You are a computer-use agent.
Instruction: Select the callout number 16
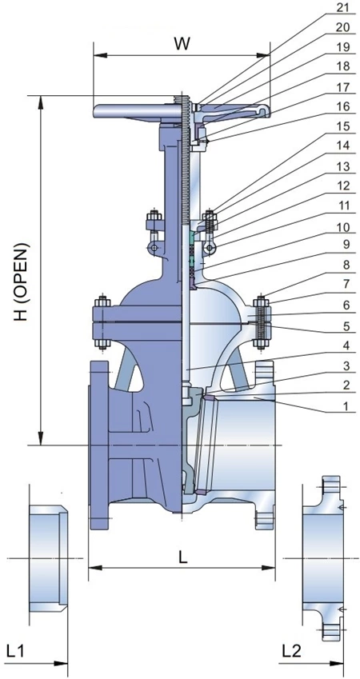[343, 106]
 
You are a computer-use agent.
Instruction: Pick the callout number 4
[343, 346]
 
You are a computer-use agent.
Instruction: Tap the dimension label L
[182, 558]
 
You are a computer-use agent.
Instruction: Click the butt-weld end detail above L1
[46, 557]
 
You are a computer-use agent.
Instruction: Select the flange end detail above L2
[324, 557]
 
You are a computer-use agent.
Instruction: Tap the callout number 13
[343, 166]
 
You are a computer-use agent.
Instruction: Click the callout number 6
[343, 305]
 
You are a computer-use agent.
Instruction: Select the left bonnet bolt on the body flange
[102, 324]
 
